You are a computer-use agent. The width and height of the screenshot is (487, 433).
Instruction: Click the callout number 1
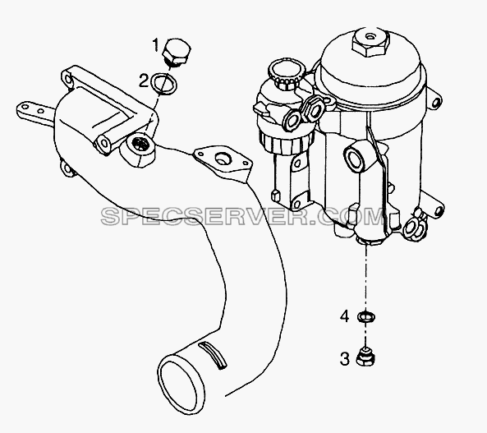point(156,45)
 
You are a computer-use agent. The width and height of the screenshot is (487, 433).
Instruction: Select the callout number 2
point(144,81)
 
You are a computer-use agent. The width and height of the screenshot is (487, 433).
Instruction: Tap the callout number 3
point(344,358)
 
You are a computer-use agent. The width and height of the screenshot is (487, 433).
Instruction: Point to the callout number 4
point(345,316)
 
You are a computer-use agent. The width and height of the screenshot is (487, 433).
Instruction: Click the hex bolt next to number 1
point(177,52)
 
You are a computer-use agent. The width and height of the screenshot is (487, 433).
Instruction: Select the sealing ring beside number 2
point(163,83)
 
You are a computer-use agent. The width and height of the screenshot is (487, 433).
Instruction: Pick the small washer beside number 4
point(366,317)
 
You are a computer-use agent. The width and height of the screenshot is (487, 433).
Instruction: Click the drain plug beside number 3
point(365,357)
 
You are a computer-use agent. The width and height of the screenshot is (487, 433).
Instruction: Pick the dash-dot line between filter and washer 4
point(366,277)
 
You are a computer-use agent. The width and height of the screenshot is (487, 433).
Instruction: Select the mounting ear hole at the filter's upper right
point(436,102)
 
